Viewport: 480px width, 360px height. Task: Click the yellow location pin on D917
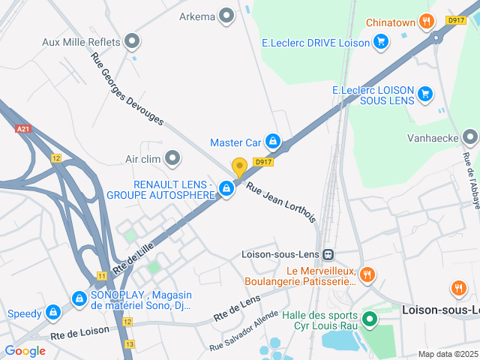pyautogui.click(x=239, y=167)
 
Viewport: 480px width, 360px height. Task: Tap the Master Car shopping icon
pyautogui.click(x=272, y=142)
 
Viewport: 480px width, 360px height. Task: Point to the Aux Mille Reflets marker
pyautogui.click(x=133, y=41)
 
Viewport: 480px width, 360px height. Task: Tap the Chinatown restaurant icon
pyautogui.click(x=427, y=22)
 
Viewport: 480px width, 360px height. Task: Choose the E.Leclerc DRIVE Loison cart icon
pyautogui.click(x=381, y=43)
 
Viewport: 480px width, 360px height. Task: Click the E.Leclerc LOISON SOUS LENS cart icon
pyautogui.click(x=425, y=94)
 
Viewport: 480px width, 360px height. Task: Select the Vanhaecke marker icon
pyautogui.click(x=470, y=137)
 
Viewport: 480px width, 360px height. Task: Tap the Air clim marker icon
pyautogui.click(x=173, y=158)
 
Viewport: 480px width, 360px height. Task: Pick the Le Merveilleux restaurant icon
pyautogui.click(x=367, y=274)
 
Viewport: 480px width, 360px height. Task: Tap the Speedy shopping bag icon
pyautogui.click(x=52, y=313)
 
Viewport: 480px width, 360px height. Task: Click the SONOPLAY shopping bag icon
pyautogui.click(x=79, y=299)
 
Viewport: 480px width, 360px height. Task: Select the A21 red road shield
pyautogui.click(x=22, y=129)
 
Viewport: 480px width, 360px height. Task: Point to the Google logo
pyautogui.click(x=25, y=350)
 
